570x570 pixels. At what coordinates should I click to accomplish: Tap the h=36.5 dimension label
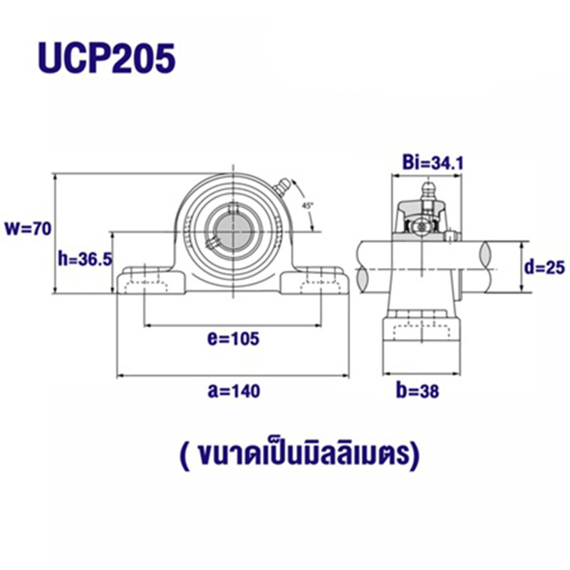[84, 259]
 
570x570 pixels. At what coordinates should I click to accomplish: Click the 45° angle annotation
[308, 204]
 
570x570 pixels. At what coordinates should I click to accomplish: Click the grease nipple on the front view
[280, 187]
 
